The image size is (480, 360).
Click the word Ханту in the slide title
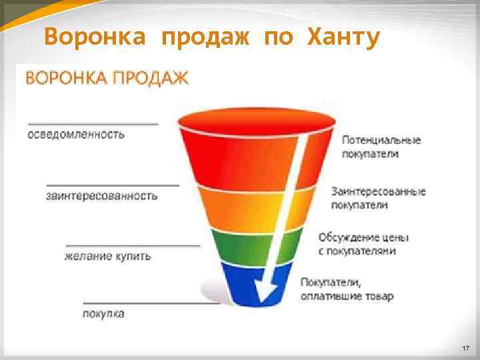343,39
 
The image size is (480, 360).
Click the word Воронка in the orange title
94,39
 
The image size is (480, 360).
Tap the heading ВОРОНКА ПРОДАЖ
107,79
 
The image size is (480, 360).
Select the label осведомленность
76,134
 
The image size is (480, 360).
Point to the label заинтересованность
102,195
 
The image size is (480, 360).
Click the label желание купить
107,255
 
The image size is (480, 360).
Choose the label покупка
103,313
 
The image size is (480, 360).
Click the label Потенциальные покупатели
381,147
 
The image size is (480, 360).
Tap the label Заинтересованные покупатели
378,198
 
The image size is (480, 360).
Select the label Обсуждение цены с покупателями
363,244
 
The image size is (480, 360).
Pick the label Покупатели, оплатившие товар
347,289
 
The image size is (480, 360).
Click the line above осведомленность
93,123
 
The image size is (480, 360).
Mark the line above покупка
151,303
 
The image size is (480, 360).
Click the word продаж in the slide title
205,39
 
